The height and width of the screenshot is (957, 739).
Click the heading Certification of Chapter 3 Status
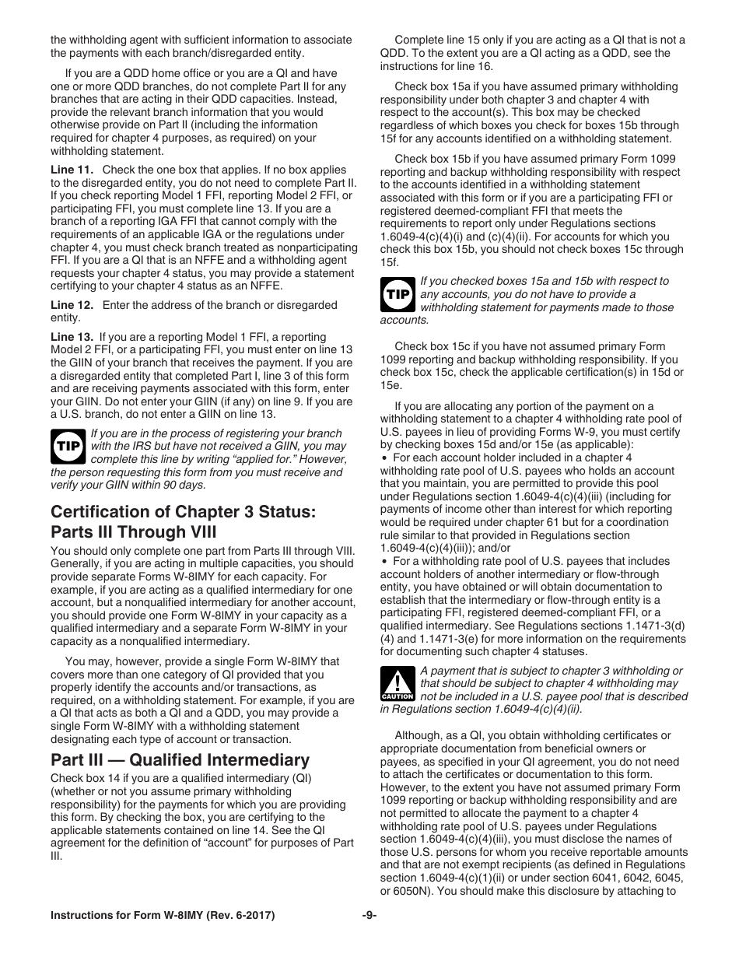184,512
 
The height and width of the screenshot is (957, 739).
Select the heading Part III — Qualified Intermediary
180,759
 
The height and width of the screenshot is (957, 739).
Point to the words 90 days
184,485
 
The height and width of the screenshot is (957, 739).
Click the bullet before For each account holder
384,458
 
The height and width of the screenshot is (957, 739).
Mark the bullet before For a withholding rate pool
384,561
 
